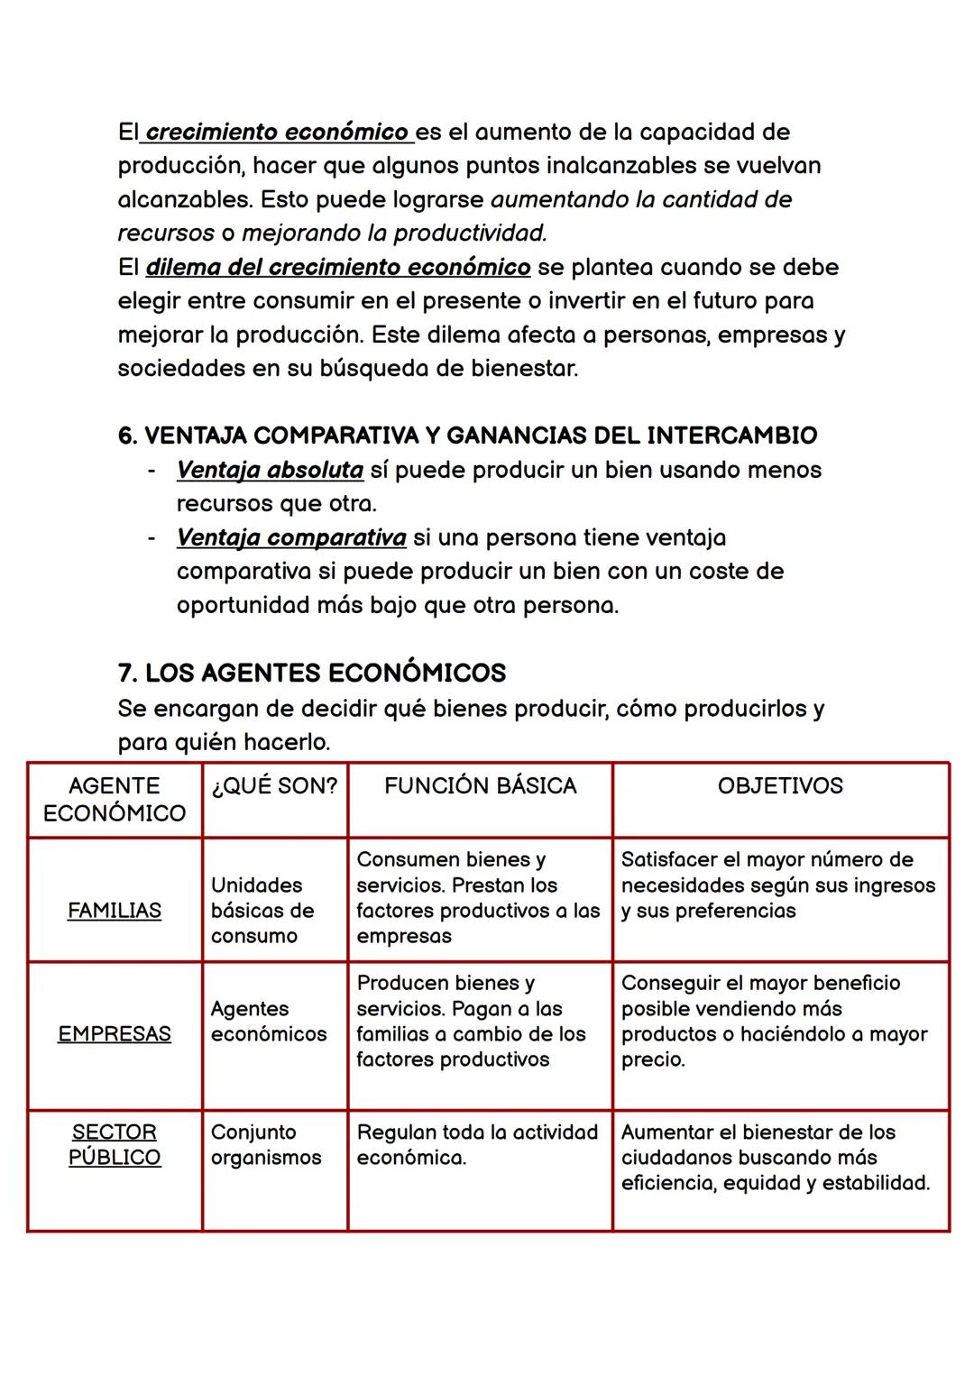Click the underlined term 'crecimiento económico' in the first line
pyautogui.click(x=276, y=133)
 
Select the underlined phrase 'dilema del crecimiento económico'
pyautogui.click(x=337, y=268)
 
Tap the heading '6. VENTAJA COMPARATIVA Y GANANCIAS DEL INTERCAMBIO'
pyautogui.click(x=467, y=435)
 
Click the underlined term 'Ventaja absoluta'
pyautogui.click(x=270, y=470)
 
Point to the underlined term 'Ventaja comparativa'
pyautogui.click(x=290, y=537)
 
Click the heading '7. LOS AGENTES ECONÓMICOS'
pyautogui.click(x=311, y=674)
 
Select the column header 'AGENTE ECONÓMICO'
pyautogui.click(x=115, y=800)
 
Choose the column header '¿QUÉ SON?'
pyautogui.click(x=274, y=786)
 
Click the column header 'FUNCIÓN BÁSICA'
pyautogui.click(x=480, y=786)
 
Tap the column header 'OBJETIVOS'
pyautogui.click(x=780, y=786)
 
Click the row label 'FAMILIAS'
pyautogui.click(x=115, y=911)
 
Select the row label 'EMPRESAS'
pyautogui.click(x=115, y=1034)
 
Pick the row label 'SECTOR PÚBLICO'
pyautogui.click(x=115, y=1144)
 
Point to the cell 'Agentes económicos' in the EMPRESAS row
pyautogui.click(x=269, y=1022)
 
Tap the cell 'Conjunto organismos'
pyautogui.click(x=266, y=1144)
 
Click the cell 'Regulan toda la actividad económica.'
pyautogui.click(x=477, y=1144)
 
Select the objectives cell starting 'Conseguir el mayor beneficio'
pyautogui.click(x=774, y=1021)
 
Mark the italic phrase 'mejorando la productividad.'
pyautogui.click(x=394, y=234)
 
